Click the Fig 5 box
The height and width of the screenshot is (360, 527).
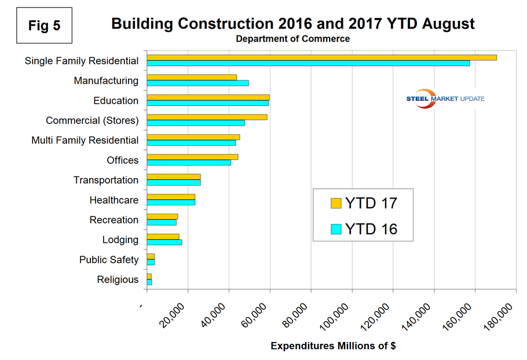[x=44, y=26]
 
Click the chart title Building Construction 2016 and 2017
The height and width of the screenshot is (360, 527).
[x=292, y=24]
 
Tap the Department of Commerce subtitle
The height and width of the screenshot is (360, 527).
[x=292, y=39]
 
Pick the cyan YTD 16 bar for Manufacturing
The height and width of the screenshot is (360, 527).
[x=197, y=83]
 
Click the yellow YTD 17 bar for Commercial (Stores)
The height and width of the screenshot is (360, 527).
[x=207, y=117]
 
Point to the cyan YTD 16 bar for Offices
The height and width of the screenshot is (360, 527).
[x=189, y=163]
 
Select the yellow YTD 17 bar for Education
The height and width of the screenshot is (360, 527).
[x=208, y=97]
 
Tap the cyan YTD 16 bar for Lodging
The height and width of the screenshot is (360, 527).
[x=164, y=242]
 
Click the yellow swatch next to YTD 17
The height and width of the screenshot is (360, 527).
[x=336, y=203]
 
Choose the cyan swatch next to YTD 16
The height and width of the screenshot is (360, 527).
[x=336, y=229]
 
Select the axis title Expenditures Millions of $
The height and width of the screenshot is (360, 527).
[x=333, y=346]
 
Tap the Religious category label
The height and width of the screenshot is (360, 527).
[x=118, y=280]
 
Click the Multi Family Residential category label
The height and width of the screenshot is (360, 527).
[x=85, y=140]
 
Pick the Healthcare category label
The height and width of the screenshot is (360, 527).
[x=114, y=200]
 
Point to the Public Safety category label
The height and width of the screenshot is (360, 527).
[x=109, y=260]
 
